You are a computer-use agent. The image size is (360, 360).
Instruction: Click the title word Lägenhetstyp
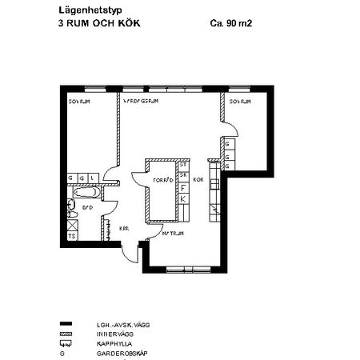pos(86,10)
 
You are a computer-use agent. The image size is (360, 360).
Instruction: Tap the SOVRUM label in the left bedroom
pos(79,102)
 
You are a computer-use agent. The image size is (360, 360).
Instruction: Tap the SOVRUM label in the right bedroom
pos(240,102)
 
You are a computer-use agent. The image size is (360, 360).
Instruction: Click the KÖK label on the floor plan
pos(198,181)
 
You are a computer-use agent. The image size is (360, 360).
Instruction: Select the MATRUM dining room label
pos(174,234)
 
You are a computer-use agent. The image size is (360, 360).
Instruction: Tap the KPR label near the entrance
pos(124,228)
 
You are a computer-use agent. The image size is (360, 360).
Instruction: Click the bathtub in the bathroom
pos(84,192)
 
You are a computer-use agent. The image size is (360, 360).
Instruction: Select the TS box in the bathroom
pos(72,236)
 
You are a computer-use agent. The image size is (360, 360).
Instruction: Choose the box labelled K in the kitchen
pos(182,198)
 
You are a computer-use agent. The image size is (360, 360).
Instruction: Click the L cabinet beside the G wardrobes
pos(93,178)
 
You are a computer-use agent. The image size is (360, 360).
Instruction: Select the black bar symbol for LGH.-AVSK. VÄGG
pos(66,324)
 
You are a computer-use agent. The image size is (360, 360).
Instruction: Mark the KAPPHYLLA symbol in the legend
pos(66,343)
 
